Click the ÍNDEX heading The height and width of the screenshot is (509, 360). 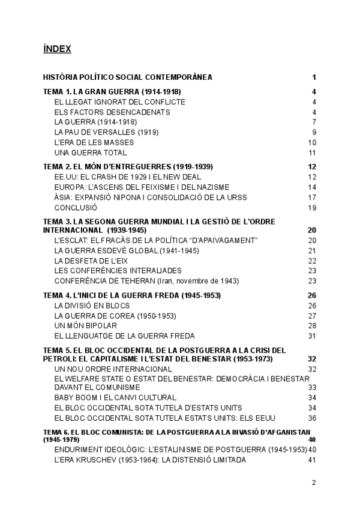(x=57, y=49)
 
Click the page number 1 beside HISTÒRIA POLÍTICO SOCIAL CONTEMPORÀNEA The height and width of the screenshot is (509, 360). (x=314, y=77)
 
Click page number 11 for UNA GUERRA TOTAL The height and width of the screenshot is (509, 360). (x=312, y=152)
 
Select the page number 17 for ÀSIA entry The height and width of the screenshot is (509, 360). (x=312, y=197)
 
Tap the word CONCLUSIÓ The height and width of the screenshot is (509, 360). (x=75, y=208)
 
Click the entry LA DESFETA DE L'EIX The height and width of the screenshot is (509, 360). (x=92, y=261)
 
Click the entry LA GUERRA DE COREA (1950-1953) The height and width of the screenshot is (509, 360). (x=106, y=316)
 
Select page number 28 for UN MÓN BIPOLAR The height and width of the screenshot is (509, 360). (x=312, y=326)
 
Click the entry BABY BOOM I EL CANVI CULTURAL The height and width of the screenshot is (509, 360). (x=115, y=397)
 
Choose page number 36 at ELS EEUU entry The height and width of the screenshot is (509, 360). (x=312, y=418)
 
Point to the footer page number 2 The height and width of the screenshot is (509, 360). (x=314, y=482)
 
